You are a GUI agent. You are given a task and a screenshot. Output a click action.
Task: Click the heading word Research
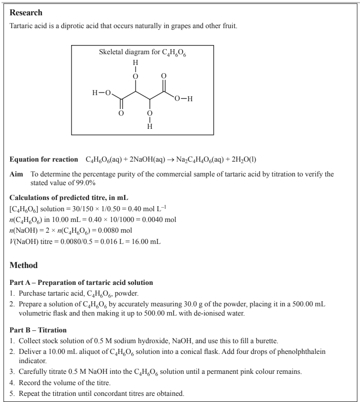tap(26, 12)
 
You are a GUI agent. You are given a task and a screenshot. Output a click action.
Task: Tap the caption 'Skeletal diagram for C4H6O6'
tap(142, 53)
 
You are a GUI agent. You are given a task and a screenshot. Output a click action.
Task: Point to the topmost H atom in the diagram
tap(136, 63)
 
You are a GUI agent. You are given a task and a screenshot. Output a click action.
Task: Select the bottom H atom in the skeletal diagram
tap(150, 126)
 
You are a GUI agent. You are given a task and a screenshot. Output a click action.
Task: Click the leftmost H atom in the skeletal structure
tap(95, 93)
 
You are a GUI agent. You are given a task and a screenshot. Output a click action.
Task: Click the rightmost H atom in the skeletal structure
tap(190, 99)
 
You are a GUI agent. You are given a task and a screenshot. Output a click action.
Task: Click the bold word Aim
tap(17, 174)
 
